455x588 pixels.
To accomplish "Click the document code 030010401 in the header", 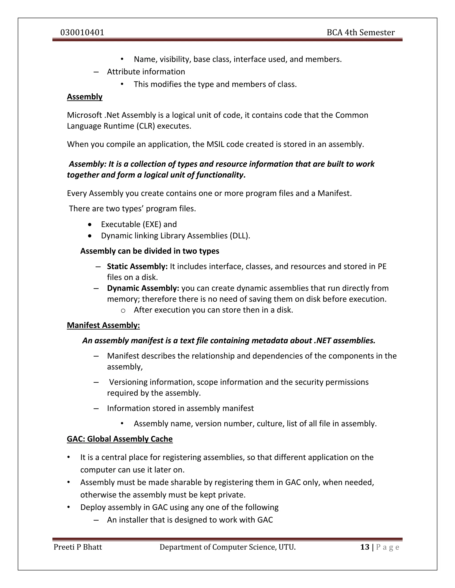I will (x=82, y=33).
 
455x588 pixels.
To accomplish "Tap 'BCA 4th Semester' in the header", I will (x=360, y=33).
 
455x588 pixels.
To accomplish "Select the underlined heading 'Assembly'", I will (x=85, y=97).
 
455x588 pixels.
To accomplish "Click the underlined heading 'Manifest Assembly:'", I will (x=103, y=325).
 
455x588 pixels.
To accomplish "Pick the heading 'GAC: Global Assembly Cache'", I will (x=120, y=439).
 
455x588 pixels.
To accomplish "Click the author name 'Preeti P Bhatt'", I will (x=78, y=547).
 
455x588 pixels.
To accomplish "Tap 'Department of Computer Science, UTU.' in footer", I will (x=227, y=547).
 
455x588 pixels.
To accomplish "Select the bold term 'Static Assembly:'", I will (x=137, y=266).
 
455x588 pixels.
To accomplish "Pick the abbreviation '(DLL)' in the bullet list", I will (x=239, y=236).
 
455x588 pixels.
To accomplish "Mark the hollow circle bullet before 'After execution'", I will (x=123, y=310).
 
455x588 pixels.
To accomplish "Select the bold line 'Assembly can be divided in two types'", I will (x=150, y=251).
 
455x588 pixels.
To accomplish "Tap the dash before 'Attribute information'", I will (x=96, y=72).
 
